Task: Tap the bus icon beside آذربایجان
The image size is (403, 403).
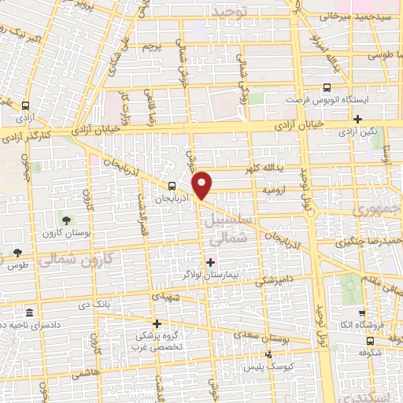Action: point(172,186)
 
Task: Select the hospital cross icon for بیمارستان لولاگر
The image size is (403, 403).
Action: point(210,261)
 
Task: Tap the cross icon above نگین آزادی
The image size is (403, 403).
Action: point(358,119)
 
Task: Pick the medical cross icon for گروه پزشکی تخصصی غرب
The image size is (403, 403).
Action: point(157,324)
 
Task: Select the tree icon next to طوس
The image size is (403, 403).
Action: point(17,253)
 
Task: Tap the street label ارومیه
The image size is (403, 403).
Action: point(282,190)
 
